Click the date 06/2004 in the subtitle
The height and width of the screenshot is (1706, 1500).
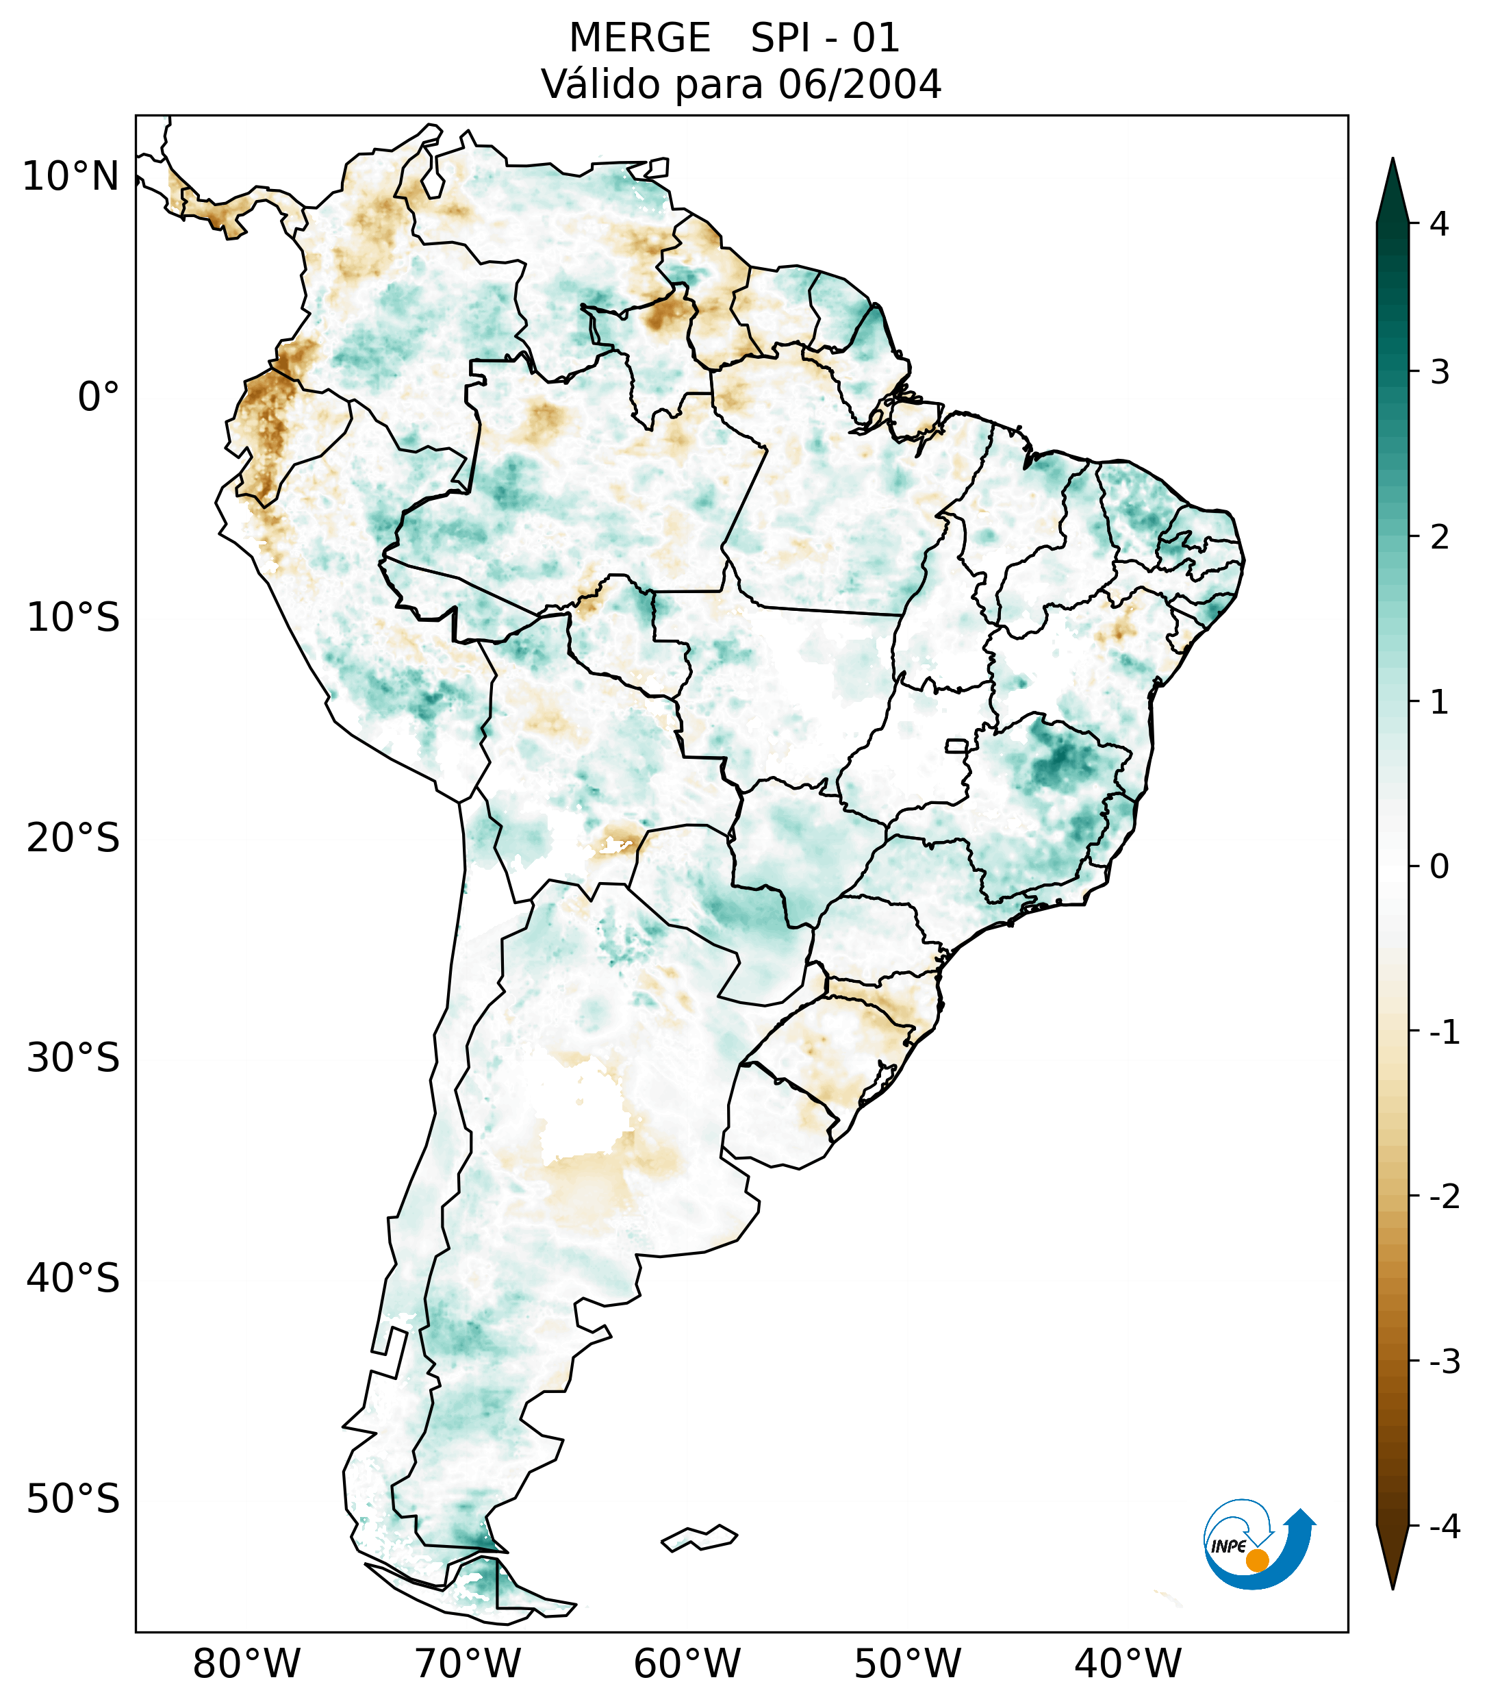click(859, 84)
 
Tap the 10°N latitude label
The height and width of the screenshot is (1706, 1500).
click(71, 177)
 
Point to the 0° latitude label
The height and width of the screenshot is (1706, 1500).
click(99, 397)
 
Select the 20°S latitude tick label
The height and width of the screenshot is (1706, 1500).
click(73, 838)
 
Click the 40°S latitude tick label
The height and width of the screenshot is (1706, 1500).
click(73, 1279)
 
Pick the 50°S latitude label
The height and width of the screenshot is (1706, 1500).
click(73, 1500)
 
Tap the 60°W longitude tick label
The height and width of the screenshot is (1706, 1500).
click(687, 1664)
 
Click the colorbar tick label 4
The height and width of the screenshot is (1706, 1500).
click(1439, 224)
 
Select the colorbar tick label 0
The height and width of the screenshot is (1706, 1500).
click(1439, 866)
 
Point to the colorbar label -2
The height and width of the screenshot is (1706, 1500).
click(1444, 1197)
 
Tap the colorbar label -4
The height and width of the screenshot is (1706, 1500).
click(1444, 1527)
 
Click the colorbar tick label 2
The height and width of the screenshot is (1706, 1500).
click(1439, 538)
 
